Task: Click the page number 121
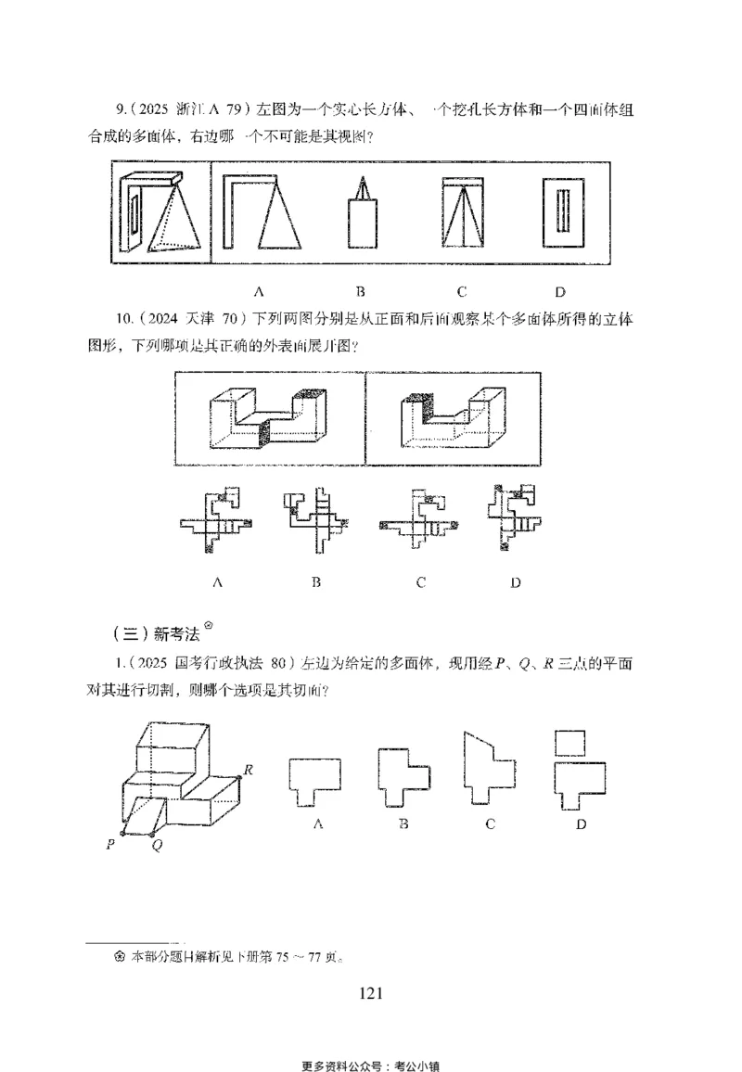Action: [370, 994]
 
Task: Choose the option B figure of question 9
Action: [360, 216]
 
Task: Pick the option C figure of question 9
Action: [461, 214]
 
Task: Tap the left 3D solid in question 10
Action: [270, 419]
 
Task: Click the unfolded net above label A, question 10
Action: [218, 520]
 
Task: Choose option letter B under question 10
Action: [316, 583]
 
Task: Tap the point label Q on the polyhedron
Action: [155, 847]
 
